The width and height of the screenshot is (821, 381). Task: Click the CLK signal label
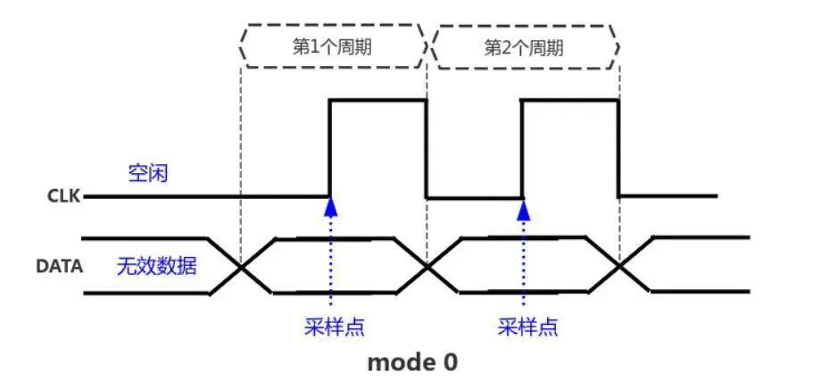[x=64, y=196]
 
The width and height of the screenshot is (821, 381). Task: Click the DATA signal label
[x=59, y=267]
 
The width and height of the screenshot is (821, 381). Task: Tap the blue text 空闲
[x=148, y=173]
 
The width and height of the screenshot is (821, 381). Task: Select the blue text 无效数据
[x=156, y=267]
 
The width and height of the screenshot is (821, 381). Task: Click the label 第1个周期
[x=333, y=47]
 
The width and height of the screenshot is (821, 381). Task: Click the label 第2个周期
[x=524, y=48]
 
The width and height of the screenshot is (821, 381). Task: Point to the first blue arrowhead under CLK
[x=330, y=207]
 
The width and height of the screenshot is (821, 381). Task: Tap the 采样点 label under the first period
[x=334, y=327]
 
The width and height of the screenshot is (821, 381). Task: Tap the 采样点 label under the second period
[x=527, y=327]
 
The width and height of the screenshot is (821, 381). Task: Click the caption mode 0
[x=412, y=362]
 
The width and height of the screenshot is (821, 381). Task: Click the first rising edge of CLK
[x=330, y=148]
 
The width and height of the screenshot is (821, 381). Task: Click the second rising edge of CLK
[x=522, y=148]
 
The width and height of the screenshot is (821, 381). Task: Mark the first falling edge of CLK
[x=427, y=148]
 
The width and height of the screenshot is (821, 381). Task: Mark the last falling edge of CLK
[x=619, y=148]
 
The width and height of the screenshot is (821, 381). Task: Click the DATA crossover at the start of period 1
[x=241, y=267]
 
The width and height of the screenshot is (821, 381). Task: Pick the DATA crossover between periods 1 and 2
[x=427, y=268]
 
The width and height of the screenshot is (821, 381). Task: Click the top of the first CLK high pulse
[x=378, y=99]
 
